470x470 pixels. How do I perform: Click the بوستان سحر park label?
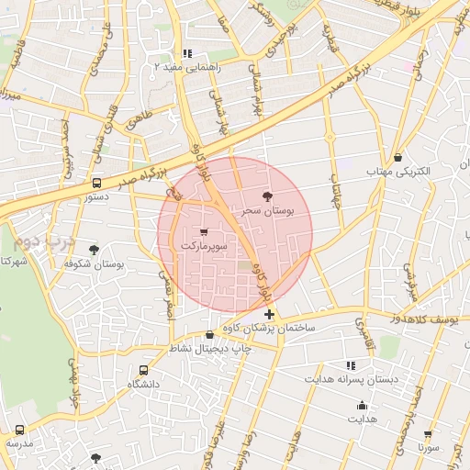tap(267, 210)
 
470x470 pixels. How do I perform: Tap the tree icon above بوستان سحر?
tap(267, 196)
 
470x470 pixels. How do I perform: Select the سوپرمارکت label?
tap(203, 246)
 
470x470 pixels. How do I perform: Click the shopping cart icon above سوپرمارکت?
tap(203, 231)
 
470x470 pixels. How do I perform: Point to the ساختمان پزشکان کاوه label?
tap(271, 328)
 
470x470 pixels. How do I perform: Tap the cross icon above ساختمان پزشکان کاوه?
tap(268, 314)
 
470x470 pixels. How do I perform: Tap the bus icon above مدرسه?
tap(19, 429)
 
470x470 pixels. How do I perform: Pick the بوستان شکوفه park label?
tap(95, 263)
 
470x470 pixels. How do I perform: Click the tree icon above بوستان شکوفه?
tap(94, 249)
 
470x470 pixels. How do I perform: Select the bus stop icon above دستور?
tap(97, 182)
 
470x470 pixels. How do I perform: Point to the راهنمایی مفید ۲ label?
tap(188, 67)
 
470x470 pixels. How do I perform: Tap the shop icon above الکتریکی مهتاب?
tap(397, 157)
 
